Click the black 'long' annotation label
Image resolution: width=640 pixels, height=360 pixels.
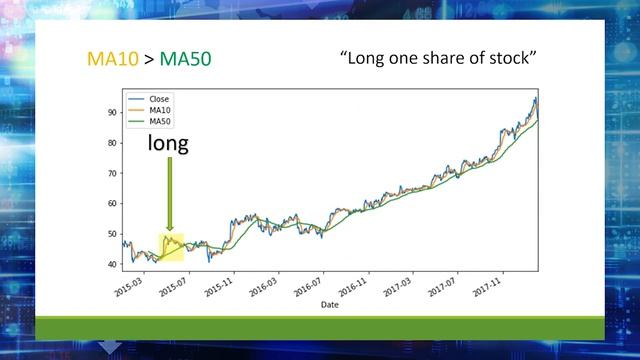click(168, 144)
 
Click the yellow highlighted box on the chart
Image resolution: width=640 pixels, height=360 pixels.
click(171, 248)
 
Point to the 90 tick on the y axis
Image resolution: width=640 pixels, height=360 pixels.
click(111, 112)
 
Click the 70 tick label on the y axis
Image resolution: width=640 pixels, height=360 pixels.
click(111, 173)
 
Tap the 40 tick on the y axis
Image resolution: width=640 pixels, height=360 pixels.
click(111, 264)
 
